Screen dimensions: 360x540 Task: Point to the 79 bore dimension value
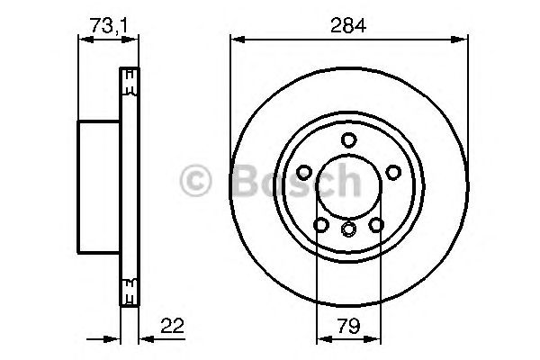tap(349, 326)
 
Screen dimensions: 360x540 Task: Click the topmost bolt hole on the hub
tap(349, 139)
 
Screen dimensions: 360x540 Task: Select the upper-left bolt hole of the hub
tap(305, 171)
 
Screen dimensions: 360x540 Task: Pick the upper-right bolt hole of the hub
tap(393, 171)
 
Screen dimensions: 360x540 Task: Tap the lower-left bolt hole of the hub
tap(321, 224)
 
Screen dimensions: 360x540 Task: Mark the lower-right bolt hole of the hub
tap(377, 224)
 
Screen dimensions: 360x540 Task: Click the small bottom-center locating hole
tap(349, 231)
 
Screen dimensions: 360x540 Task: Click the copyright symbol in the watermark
tap(197, 180)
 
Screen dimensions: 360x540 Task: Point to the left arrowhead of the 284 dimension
tap(236, 38)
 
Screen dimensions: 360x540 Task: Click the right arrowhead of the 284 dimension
tap(464, 38)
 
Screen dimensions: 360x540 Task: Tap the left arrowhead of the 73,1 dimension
tap(84, 38)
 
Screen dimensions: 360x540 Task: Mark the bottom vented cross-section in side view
tap(130, 290)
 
